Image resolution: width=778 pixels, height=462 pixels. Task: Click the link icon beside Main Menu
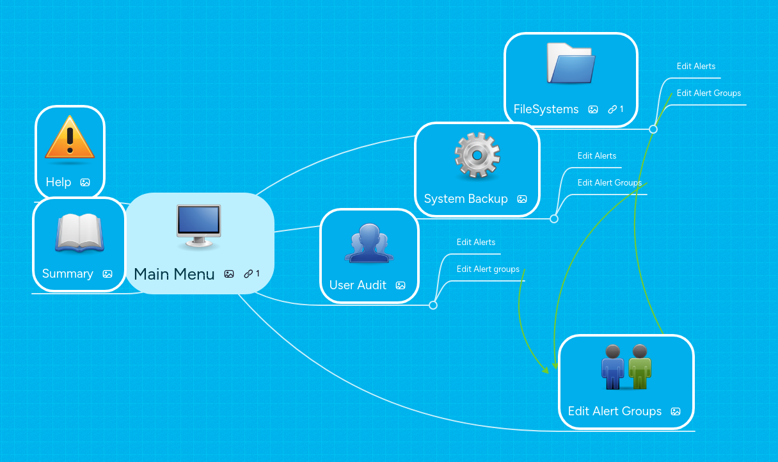[x=248, y=274]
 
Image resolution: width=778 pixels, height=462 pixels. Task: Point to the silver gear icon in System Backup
[x=477, y=155]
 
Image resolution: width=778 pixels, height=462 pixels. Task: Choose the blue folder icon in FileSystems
[x=571, y=64]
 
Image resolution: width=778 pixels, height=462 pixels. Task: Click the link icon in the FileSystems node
[x=612, y=109]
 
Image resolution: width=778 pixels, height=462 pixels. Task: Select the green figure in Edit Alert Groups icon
[x=639, y=367]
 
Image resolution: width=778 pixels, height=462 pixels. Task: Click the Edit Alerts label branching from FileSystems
[x=696, y=66]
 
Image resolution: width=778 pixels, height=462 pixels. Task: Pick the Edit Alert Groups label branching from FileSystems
[x=709, y=93]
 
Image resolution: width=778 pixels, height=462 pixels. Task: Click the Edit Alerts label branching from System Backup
[x=597, y=155]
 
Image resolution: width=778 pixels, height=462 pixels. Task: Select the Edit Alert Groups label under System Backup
[x=610, y=182]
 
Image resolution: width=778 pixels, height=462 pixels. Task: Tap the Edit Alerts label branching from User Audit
[x=476, y=242]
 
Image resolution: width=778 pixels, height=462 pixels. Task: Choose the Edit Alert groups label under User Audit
[x=488, y=269]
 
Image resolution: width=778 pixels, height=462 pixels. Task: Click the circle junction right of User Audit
[x=433, y=305]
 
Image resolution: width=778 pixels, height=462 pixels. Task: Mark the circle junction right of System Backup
[x=554, y=219]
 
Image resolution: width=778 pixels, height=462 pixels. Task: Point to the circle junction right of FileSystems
[x=653, y=129]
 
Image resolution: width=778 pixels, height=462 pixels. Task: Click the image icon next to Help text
[x=85, y=182]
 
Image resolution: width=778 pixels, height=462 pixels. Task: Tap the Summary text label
[x=68, y=274]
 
